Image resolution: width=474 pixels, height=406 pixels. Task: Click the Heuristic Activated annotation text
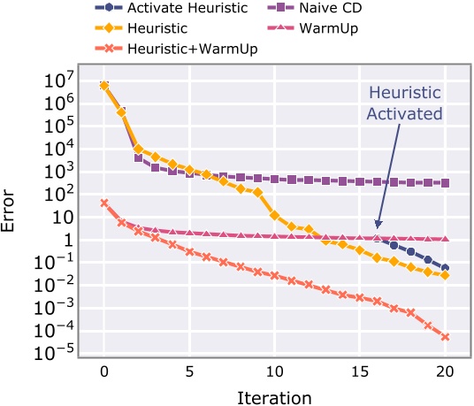[x=403, y=103]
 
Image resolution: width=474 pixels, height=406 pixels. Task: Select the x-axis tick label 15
[x=360, y=372]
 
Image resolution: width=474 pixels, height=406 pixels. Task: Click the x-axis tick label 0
[x=104, y=372]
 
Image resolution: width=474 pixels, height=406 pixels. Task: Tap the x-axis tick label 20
[x=445, y=372]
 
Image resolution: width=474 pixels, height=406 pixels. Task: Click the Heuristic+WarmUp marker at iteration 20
[x=445, y=337]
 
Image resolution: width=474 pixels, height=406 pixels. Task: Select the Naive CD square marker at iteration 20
[x=445, y=183]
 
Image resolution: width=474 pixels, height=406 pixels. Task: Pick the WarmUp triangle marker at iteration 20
[x=445, y=239]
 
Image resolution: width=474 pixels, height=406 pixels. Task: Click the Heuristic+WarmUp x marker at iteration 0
[x=104, y=203]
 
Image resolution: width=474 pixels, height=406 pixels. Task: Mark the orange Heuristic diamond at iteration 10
[x=275, y=215]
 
